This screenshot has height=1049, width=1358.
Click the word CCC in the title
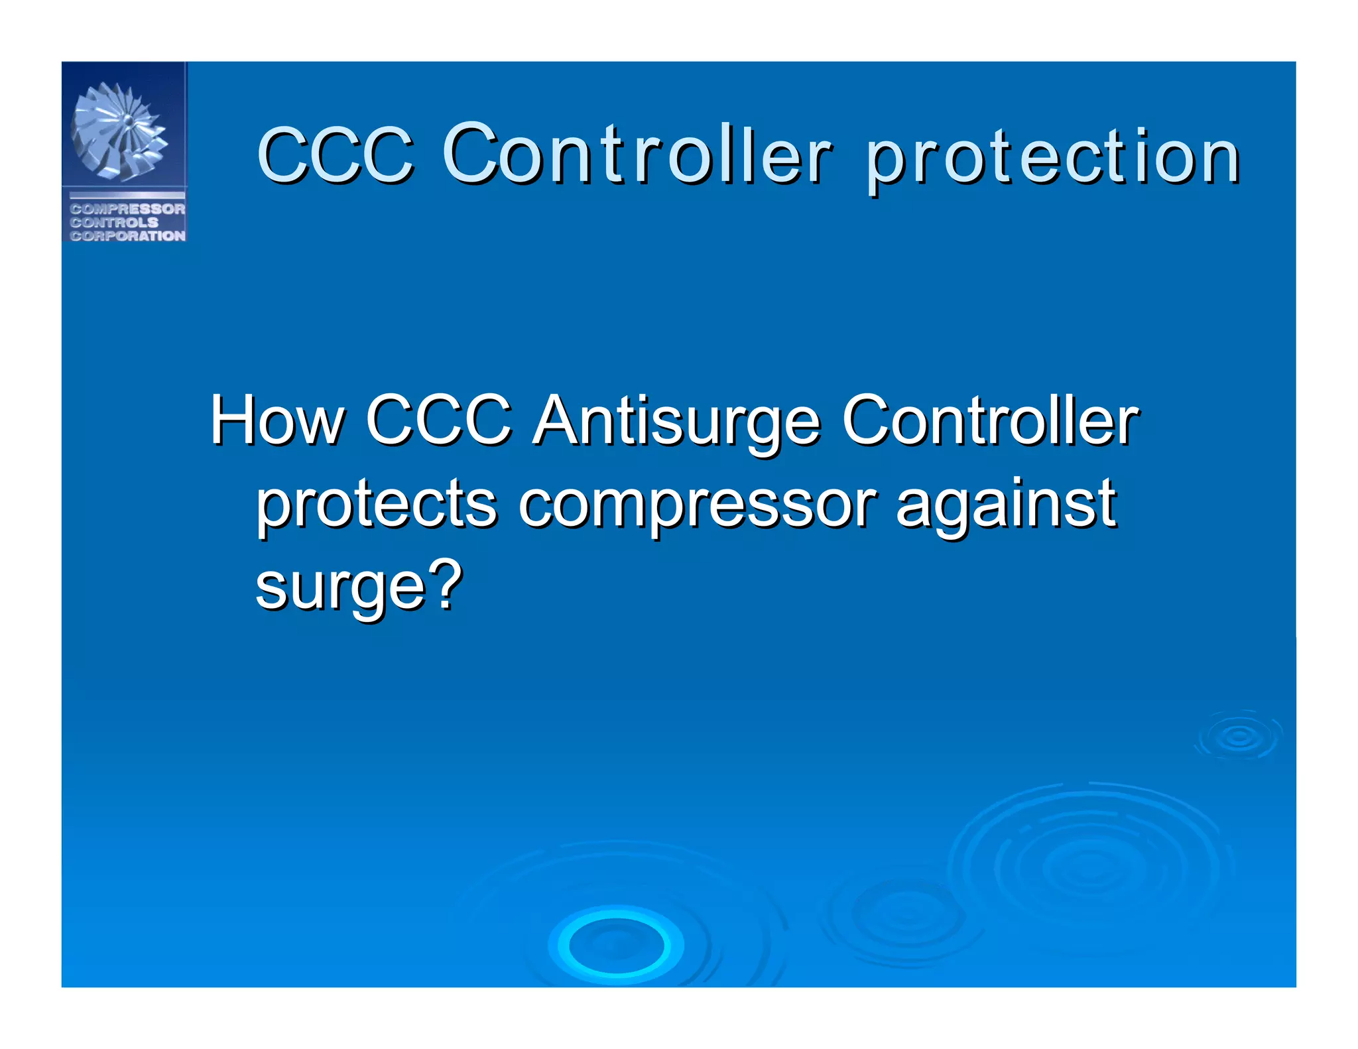click(x=335, y=155)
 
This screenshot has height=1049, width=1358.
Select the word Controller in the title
click(x=637, y=154)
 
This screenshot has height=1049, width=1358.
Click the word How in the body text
click(x=277, y=420)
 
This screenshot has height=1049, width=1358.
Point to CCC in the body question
click(x=438, y=420)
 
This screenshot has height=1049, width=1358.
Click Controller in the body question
click(x=990, y=420)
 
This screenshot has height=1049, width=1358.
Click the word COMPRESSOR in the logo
click(x=127, y=209)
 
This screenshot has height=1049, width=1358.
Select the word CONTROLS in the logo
click(x=114, y=222)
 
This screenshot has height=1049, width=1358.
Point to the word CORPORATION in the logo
click(x=127, y=236)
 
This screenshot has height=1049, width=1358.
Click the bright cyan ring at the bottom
click(x=616, y=944)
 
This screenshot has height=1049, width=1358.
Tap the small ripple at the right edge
click(x=1239, y=736)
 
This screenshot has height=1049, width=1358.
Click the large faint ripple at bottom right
click(x=1091, y=869)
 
